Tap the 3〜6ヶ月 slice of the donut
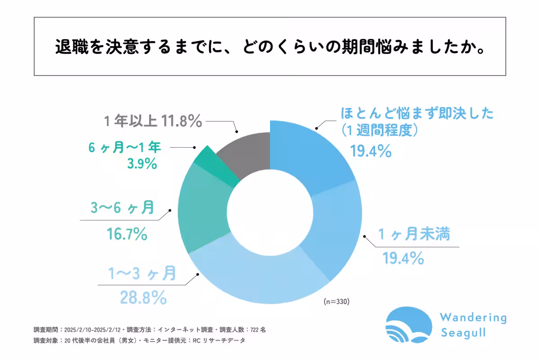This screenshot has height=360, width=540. click(202, 207)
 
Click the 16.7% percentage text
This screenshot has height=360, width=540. click(126, 234)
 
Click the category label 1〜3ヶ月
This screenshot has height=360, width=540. click(142, 274)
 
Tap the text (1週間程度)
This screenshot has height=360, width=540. click(380, 130)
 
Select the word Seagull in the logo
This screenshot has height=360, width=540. click(463, 333)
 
